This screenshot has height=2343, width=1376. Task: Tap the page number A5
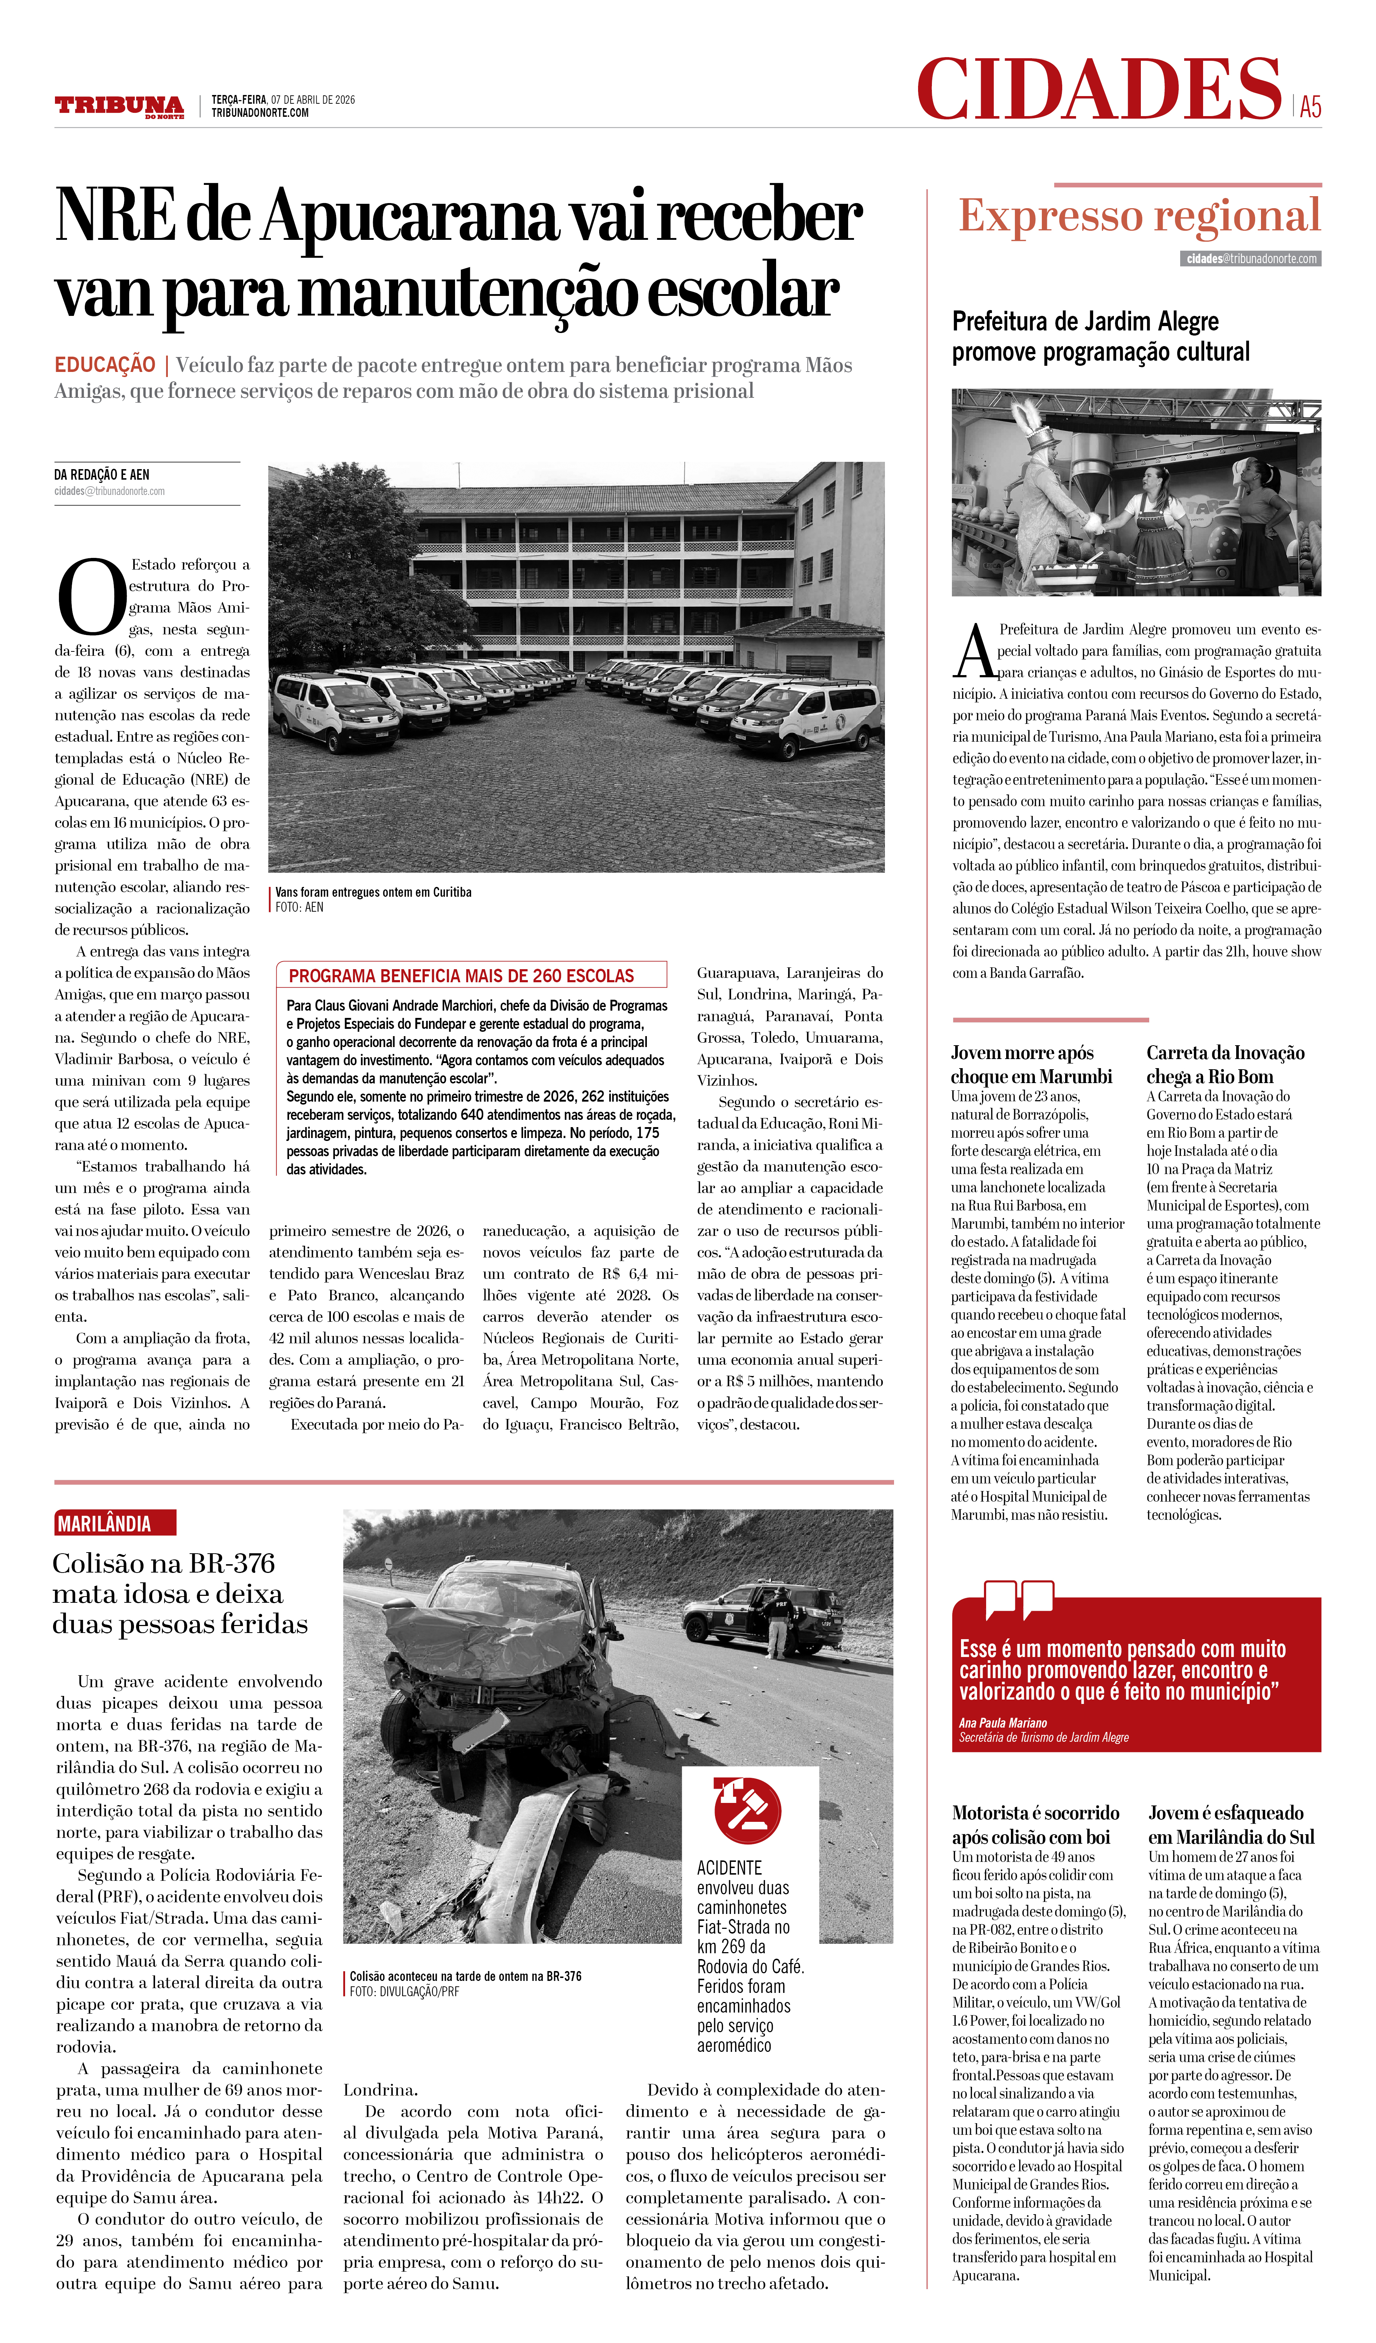pos(1310,107)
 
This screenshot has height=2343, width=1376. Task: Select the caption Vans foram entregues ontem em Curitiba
pos(373,893)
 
